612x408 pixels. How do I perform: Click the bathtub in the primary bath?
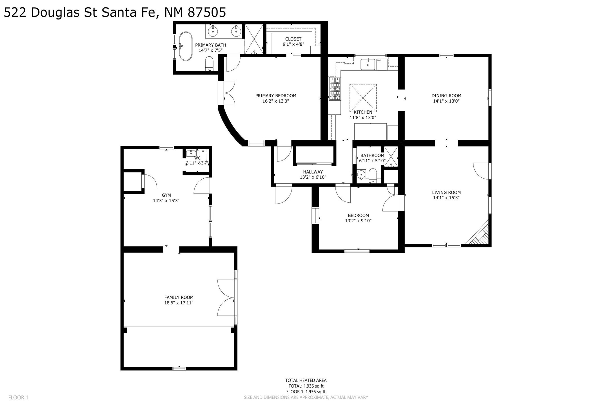click(x=186, y=46)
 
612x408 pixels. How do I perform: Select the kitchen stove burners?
click(x=335, y=89)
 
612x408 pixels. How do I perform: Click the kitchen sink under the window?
click(x=368, y=64)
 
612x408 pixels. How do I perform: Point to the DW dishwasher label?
click(x=379, y=60)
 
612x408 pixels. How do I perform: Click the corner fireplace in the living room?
click(x=479, y=233)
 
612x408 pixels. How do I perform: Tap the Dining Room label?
click(x=446, y=96)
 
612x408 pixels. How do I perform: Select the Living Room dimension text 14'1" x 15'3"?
click(x=446, y=198)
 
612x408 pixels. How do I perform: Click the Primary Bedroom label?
click(x=276, y=96)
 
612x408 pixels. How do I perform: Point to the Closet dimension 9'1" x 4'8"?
click(x=293, y=44)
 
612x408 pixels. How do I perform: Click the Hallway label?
click(x=313, y=172)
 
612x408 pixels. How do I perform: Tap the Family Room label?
click(x=179, y=297)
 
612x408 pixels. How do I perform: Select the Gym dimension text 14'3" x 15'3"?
click(x=166, y=201)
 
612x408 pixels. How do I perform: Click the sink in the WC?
click(x=191, y=153)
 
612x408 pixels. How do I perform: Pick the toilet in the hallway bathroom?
click(x=373, y=176)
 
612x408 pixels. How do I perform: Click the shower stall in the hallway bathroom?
click(x=391, y=157)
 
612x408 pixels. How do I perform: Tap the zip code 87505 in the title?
click(x=207, y=13)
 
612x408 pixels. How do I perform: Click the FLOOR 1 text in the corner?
click(x=18, y=398)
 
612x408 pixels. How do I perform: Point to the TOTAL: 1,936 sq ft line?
click(x=306, y=386)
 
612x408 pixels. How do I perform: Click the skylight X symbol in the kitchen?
click(x=363, y=98)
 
